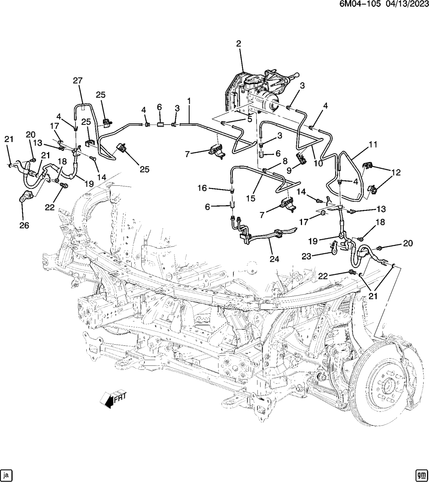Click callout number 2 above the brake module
pyautogui.click(x=239, y=44)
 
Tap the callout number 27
pyautogui.click(x=78, y=80)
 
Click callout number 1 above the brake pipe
pyautogui.click(x=189, y=101)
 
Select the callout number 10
pyautogui.click(x=318, y=163)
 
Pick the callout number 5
pyautogui.click(x=250, y=120)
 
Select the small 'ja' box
pyautogui.click(x=7, y=474)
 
